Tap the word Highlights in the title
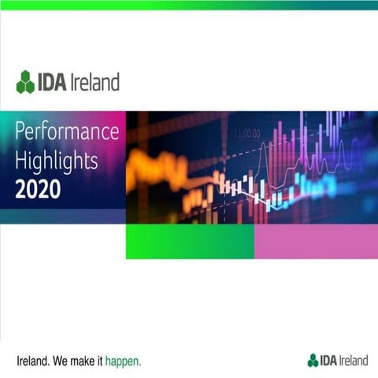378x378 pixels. point(56,161)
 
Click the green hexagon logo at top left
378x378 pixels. point(25,81)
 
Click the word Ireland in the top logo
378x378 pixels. point(96,81)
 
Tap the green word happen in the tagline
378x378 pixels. point(124,361)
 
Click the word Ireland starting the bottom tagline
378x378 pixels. point(32,361)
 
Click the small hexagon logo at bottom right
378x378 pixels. point(313,361)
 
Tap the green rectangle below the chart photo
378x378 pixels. point(189,241)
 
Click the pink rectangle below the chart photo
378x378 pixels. point(315,241)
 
